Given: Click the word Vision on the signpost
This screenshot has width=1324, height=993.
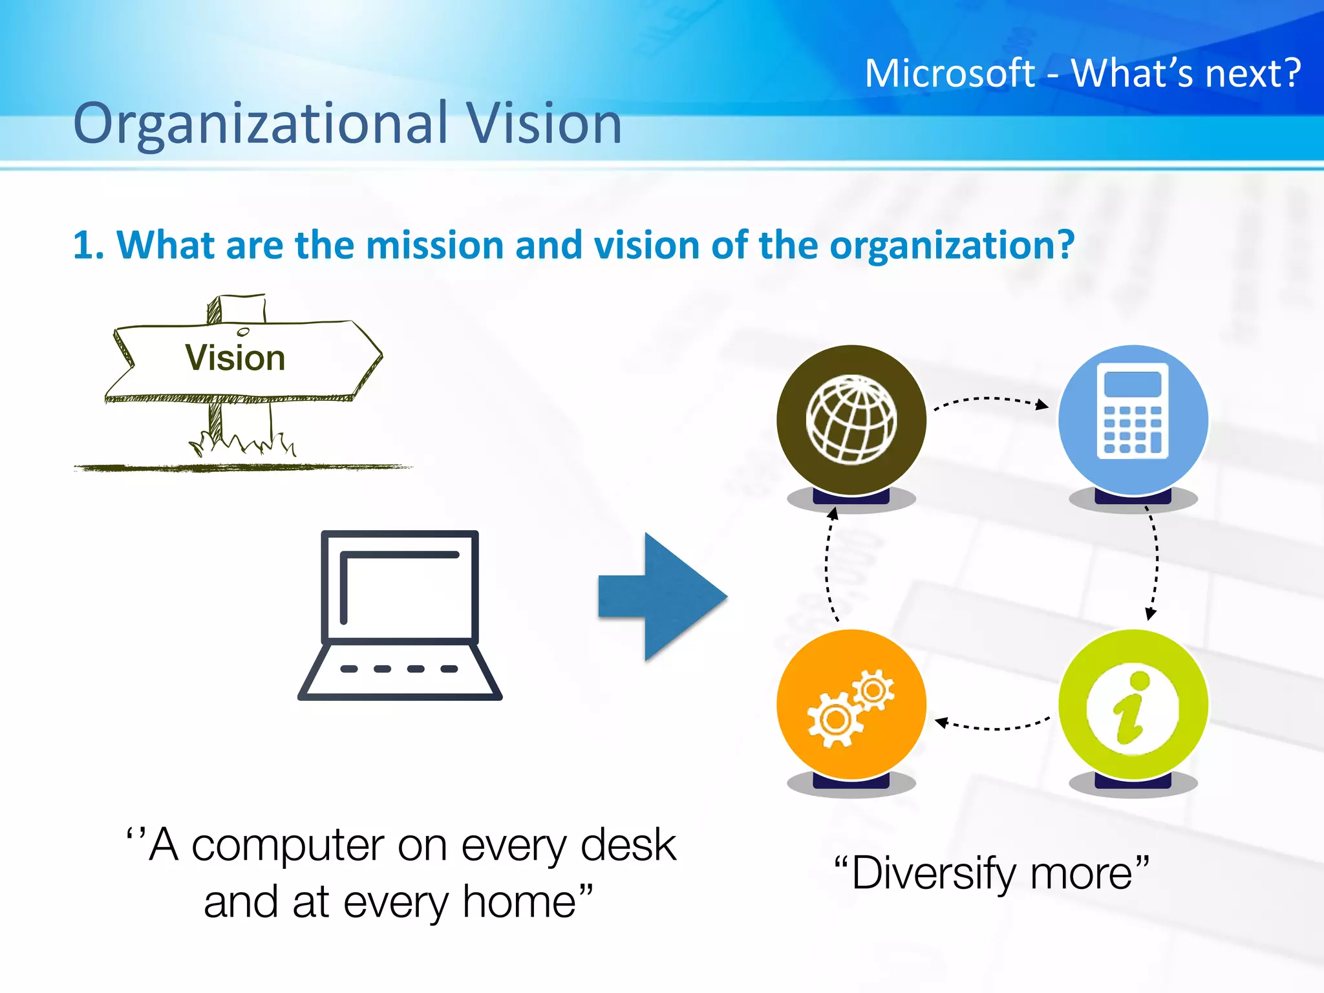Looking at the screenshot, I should coord(235,358).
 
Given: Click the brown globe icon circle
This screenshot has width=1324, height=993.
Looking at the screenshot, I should coord(851,420).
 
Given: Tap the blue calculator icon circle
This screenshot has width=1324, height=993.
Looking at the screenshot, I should coord(1133,420).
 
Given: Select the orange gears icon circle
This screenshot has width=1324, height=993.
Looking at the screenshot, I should coord(851,705).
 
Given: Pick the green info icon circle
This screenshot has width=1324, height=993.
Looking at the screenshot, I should coord(1133,705).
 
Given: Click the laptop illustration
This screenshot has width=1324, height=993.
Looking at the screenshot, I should coord(400,614).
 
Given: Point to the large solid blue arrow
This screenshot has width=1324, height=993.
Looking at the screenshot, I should coord(663,597).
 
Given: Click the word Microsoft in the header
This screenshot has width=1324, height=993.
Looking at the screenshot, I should coord(950,73).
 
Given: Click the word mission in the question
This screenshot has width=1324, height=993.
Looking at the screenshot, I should coord(434,246).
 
